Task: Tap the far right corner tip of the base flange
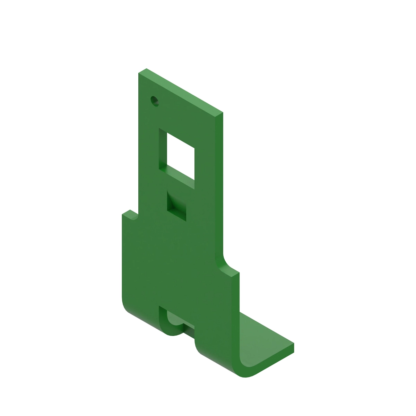point(293,345)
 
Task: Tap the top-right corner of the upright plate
point(222,113)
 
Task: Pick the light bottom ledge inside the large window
point(180,173)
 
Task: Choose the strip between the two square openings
point(177,184)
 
